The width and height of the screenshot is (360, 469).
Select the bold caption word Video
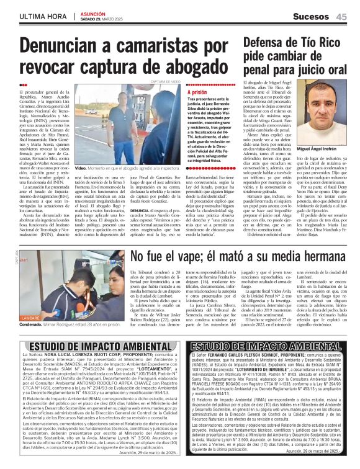(x=80, y=168)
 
